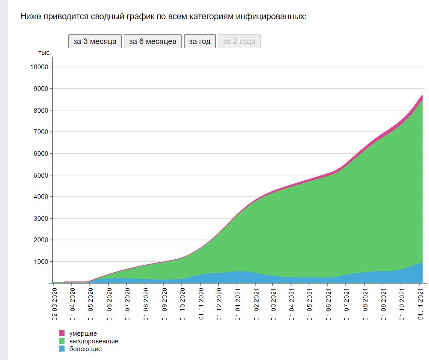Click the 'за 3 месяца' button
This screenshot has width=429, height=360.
tap(95, 41)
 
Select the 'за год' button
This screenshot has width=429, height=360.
tap(200, 41)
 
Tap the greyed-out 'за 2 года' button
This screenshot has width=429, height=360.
tap(239, 41)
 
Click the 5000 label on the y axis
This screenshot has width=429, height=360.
tap(41, 175)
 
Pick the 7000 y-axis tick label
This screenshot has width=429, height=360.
tap(41, 132)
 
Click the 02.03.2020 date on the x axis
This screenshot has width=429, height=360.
tap(54, 304)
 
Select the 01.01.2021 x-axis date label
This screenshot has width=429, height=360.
tap(238, 304)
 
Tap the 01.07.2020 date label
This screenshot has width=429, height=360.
tap(127, 304)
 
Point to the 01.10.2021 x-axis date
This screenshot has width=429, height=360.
tap(402, 304)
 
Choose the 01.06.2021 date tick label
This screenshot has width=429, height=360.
tap(328, 304)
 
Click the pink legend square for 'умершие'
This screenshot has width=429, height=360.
tap(62, 333)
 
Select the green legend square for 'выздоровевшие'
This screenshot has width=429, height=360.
tap(62, 341)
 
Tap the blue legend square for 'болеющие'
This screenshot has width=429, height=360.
tap(62, 348)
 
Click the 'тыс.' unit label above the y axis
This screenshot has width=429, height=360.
tap(44, 53)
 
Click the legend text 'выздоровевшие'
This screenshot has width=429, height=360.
tap(94, 341)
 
